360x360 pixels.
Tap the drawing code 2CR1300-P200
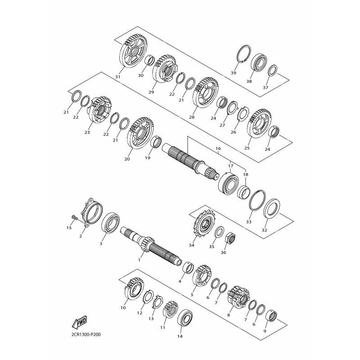pyautogui.click(x=84, y=334)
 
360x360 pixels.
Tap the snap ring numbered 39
pyautogui.click(x=244, y=54)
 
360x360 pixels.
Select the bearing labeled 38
pyautogui.click(x=260, y=63)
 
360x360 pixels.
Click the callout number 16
pyautogui.click(x=218, y=148)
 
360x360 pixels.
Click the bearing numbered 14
pyautogui.click(x=185, y=318)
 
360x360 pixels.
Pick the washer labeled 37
pyautogui.click(x=273, y=70)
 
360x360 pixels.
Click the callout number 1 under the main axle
pyautogui.click(x=139, y=260)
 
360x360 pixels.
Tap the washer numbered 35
pyautogui.click(x=219, y=232)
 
